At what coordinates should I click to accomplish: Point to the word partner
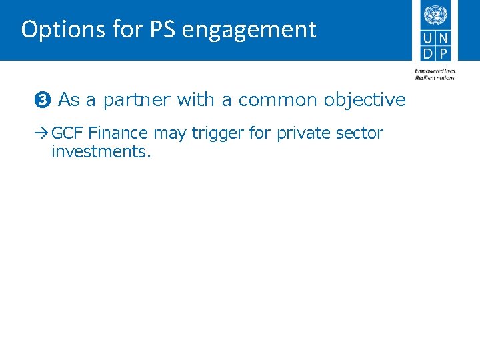(135, 101)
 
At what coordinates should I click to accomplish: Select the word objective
(365, 101)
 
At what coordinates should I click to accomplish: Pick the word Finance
(117, 133)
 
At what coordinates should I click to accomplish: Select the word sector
(360, 133)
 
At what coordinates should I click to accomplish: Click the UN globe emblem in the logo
(435, 14)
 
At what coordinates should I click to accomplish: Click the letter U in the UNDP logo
(428, 39)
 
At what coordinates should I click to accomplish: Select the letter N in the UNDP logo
(443, 39)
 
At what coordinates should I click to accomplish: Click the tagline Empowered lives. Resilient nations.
(435, 74)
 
